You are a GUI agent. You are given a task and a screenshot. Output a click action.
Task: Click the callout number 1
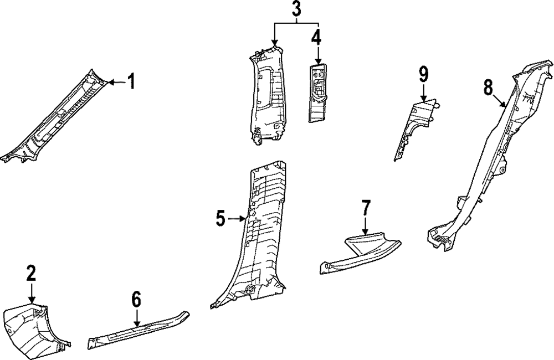[x=131, y=83]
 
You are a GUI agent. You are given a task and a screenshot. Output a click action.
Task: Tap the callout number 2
[x=31, y=272]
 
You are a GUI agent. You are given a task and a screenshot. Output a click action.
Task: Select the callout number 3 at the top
[x=297, y=9]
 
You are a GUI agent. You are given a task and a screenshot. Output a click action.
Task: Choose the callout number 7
[x=366, y=208]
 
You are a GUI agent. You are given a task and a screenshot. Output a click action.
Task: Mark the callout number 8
[x=488, y=87]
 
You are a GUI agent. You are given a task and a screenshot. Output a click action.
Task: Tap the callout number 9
[x=424, y=73]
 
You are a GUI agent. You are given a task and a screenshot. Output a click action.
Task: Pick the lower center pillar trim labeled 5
[x=260, y=233]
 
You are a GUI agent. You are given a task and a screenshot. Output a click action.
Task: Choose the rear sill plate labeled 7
[x=360, y=252]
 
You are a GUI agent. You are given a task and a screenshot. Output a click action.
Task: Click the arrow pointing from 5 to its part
[x=237, y=219]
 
